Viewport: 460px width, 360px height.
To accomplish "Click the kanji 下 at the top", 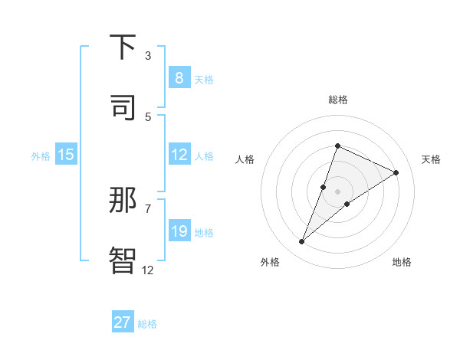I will click(x=123, y=47).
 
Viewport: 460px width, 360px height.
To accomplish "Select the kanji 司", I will click(x=123, y=107).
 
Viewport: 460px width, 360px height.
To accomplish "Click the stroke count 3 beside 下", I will click(x=148, y=55).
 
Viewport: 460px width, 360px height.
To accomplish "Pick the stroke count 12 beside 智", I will click(x=148, y=269).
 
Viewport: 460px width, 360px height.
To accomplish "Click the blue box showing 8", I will click(x=179, y=78).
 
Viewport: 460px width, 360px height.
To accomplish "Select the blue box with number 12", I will click(x=179, y=155).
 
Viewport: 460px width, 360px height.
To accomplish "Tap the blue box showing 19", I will click(x=179, y=231).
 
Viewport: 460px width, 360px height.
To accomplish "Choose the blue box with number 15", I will click(x=66, y=155).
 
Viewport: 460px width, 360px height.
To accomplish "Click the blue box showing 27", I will click(x=123, y=322).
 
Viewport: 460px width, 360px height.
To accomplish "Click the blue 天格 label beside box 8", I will click(x=204, y=80).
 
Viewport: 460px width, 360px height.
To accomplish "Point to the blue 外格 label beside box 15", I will click(x=41, y=156).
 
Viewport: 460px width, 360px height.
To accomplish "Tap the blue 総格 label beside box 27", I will click(x=147, y=324).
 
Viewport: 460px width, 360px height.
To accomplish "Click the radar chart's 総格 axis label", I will click(x=337, y=100).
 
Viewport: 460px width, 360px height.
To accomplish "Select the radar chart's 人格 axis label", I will click(x=245, y=159).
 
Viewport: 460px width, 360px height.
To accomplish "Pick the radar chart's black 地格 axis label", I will click(x=402, y=262).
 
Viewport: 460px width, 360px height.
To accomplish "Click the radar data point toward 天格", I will click(x=396, y=172).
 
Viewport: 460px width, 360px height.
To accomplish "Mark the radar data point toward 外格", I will click(x=302, y=242).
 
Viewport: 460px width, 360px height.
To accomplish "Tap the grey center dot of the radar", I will click(x=337, y=191).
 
